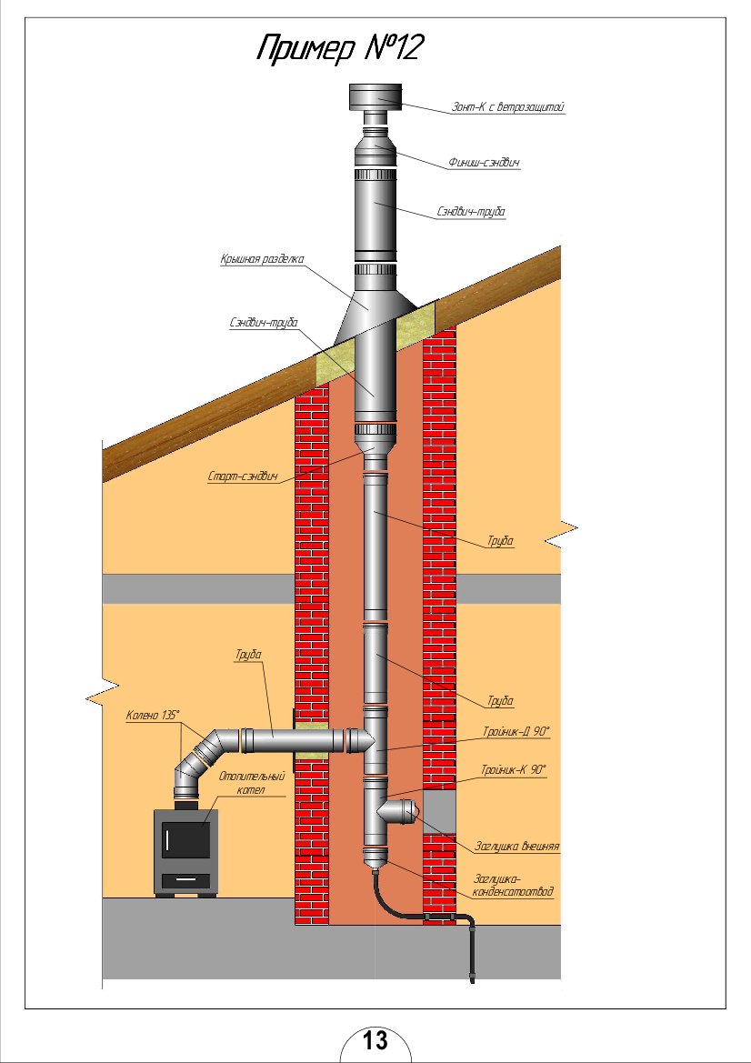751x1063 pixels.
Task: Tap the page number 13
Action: pos(375,1041)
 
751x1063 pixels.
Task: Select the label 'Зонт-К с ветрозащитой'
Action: pos(509,107)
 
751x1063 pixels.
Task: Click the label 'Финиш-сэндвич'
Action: pos(484,163)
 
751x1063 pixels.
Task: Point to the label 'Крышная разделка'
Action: pos(261,260)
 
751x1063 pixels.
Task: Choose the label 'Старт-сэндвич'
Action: pos(242,476)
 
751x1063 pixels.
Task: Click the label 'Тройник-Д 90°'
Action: pos(516,730)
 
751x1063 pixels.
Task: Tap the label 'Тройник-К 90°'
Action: pos(514,769)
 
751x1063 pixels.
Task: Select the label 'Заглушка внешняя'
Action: pos(516,846)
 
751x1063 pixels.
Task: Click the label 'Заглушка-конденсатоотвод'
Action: pos(513,885)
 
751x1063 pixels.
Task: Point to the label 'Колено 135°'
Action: pos(153,715)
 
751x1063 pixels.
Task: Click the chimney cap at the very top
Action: pos(375,95)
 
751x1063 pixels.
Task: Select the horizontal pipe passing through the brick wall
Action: pos(300,740)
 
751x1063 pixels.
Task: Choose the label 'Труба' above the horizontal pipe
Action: pos(248,654)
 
